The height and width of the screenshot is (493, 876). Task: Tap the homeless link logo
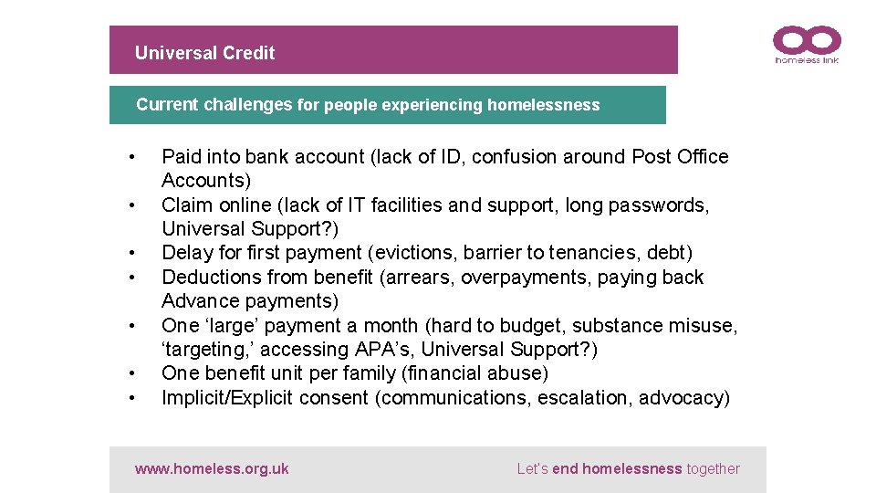[807, 45]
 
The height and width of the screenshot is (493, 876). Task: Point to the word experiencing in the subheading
[432, 105]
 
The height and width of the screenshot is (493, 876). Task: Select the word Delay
[185, 253]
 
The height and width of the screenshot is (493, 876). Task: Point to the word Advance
[196, 301]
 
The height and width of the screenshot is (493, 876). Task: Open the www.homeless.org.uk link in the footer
[212, 469]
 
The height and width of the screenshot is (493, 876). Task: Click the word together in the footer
[714, 469]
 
